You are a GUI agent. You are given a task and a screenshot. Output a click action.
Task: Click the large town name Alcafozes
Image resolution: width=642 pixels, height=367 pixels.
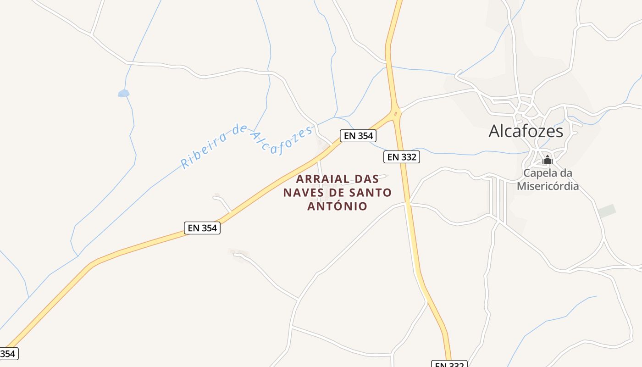(526, 131)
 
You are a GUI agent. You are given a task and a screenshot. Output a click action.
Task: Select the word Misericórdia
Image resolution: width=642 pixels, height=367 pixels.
(548, 186)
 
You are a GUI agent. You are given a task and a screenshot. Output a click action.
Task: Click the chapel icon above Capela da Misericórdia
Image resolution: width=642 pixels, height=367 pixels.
(547, 160)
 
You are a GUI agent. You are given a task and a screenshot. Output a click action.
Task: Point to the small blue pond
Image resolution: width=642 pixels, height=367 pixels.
(123, 94)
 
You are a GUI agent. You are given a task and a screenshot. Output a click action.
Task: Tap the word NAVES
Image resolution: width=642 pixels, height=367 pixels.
(303, 193)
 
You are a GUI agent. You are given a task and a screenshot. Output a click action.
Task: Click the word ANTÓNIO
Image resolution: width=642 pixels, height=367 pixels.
(338, 206)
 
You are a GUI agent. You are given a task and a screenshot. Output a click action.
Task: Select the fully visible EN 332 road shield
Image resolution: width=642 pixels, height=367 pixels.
(401, 157)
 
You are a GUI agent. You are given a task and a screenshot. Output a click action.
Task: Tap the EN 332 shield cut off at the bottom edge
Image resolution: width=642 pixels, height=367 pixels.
(449, 364)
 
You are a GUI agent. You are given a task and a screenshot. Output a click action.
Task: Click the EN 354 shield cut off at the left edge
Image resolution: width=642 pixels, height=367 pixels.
(8, 354)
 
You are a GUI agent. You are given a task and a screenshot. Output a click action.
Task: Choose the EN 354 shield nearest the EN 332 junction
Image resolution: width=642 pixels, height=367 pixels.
(358, 136)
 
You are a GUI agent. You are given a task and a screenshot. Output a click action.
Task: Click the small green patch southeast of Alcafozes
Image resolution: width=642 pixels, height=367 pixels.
(607, 211)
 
